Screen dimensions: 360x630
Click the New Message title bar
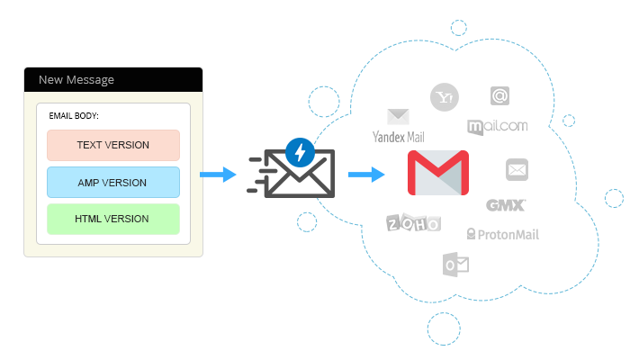[112, 79]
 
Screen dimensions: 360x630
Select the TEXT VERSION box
[113, 145]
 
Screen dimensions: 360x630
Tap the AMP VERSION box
[113, 183]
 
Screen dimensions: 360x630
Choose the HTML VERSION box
[113, 219]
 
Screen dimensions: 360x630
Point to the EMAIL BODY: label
[74, 116]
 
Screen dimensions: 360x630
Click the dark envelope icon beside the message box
[292, 174]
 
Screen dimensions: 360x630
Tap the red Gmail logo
[438, 173]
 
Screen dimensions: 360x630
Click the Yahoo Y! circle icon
[444, 97]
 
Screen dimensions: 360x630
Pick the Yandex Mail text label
[398, 137]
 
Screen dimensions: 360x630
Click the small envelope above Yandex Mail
[398, 116]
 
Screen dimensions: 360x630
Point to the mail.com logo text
[498, 126]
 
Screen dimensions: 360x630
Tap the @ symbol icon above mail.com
[500, 95]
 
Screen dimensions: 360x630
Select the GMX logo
[506, 205]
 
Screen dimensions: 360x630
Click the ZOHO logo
[414, 223]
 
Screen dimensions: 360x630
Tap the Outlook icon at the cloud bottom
[452, 264]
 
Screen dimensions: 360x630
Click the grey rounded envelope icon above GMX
[517, 169]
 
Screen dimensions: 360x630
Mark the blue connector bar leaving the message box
[220, 174]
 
